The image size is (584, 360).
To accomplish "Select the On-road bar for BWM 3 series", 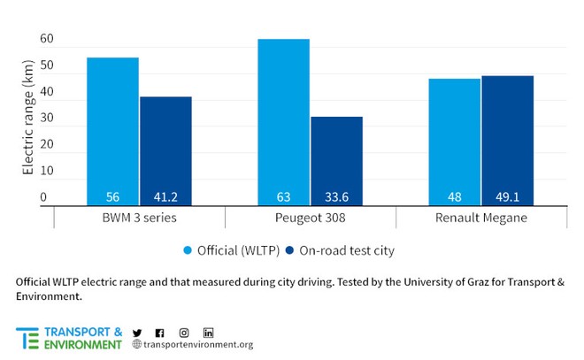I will [165, 150].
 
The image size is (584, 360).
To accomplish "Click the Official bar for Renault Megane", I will [455, 142].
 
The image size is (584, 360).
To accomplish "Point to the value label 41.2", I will [165, 197].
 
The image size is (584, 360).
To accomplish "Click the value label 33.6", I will [336, 197].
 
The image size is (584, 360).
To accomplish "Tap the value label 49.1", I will [507, 197].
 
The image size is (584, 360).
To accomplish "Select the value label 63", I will [283, 197].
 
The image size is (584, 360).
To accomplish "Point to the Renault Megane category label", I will [480, 218].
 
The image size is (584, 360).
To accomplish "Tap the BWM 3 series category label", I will [139, 218].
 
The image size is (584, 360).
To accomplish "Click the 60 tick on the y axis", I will [47, 40].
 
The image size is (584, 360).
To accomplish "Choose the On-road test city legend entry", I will [339, 250].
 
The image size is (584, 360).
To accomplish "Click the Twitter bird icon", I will [137, 333].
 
